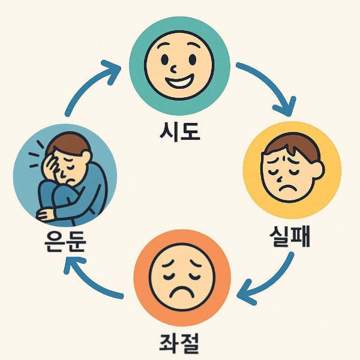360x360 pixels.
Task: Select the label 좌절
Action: coord(181,342)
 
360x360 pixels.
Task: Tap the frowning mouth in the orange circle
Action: coord(180,293)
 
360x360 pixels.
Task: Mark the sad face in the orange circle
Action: coord(180,276)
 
